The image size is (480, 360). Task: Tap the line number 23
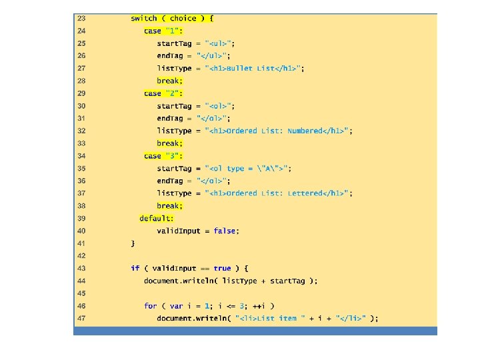click(x=81, y=19)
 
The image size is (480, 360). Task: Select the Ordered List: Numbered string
click(x=279, y=131)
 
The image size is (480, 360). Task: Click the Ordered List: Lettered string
click(x=279, y=193)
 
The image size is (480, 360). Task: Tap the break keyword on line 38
click(x=169, y=206)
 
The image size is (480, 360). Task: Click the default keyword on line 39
click(x=156, y=218)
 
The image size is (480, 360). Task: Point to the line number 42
click(x=81, y=255)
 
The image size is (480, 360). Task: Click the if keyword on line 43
click(x=135, y=268)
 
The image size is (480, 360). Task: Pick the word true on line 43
click(x=222, y=268)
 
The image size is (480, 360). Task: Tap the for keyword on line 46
click(x=150, y=306)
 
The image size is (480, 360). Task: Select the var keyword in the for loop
click(x=176, y=306)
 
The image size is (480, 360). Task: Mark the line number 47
click(x=81, y=319)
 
